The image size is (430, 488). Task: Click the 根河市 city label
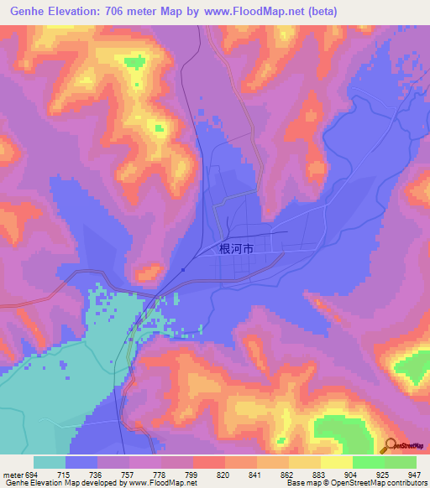click(x=236, y=249)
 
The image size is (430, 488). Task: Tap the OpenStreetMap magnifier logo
click(x=390, y=445)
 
